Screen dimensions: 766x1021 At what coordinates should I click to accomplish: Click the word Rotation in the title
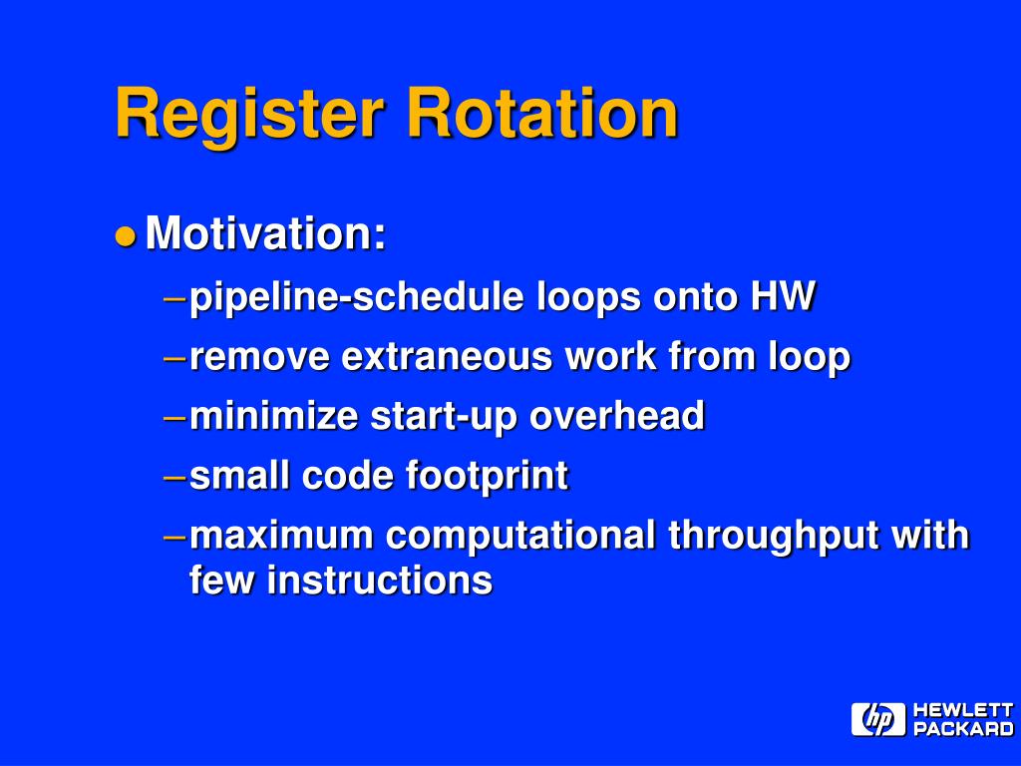[x=541, y=113]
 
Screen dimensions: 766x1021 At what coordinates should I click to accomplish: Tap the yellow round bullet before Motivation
[x=125, y=236]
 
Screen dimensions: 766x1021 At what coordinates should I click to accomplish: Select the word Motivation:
[x=266, y=234]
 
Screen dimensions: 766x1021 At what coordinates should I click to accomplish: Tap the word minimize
[x=273, y=416]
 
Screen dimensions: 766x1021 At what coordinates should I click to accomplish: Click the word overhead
[x=616, y=416]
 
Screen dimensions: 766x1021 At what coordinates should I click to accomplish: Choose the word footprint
[x=487, y=476]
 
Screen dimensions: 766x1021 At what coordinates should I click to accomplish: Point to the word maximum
[x=281, y=536]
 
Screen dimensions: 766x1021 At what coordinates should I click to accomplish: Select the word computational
[x=521, y=536]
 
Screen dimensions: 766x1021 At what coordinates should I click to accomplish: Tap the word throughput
[x=774, y=536]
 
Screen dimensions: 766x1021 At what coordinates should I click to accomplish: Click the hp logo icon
[x=877, y=719]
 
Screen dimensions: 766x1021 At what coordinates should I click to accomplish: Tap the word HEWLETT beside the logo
[x=963, y=710]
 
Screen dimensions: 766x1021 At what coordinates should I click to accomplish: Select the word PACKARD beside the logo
[x=963, y=729]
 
